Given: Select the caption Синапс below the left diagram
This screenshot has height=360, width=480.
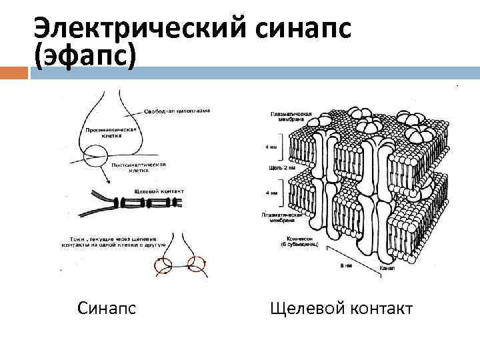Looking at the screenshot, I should pyautogui.click(x=107, y=309).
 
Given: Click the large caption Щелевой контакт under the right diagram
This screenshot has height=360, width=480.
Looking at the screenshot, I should pyautogui.click(x=342, y=309).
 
